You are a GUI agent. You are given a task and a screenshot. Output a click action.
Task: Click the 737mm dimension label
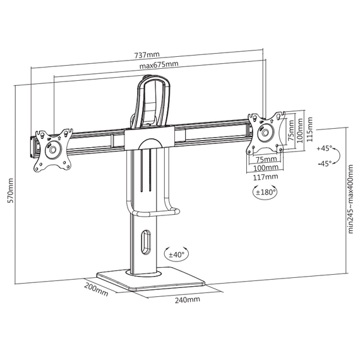point(147,55)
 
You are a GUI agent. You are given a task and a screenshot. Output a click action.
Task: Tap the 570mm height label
point(10,190)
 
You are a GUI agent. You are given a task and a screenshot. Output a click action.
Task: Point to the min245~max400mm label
point(351,199)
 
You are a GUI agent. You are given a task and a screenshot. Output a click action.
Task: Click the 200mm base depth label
point(96,289)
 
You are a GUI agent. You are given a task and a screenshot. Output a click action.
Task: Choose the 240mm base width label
point(188,299)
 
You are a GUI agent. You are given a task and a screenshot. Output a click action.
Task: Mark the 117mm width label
point(265,177)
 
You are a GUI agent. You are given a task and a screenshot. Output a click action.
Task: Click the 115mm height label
point(310,129)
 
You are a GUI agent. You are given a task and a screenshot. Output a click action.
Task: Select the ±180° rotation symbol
point(265,192)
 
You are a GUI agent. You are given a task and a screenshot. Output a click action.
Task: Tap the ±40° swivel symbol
point(177,255)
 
